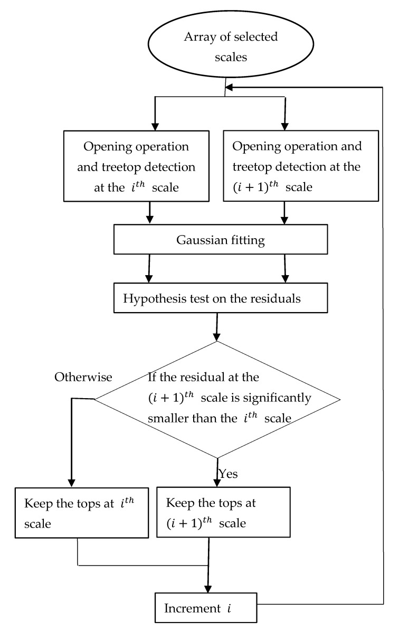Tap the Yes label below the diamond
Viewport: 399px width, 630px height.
(228, 474)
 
